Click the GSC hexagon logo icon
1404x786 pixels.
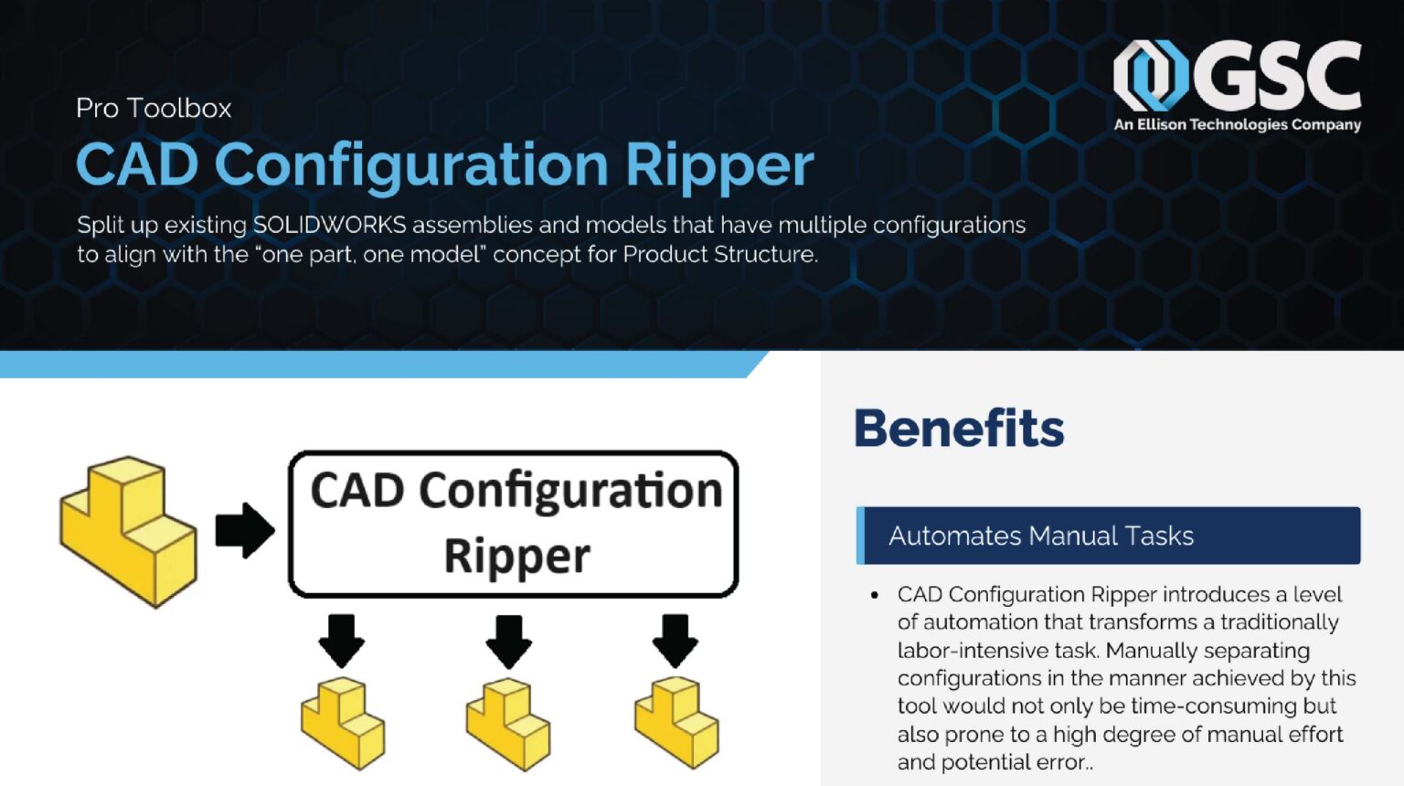(1150, 75)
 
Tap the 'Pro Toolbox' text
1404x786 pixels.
(154, 108)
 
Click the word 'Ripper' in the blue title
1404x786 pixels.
(719, 165)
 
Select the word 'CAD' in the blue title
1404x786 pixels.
(137, 165)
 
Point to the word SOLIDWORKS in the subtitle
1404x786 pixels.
(329, 225)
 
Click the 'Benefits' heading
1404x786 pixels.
(959, 428)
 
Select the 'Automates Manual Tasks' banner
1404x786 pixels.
(1108, 536)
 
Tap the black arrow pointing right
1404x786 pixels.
(244, 530)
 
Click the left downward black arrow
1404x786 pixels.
(342, 640)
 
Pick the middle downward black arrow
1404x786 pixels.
(509, 640)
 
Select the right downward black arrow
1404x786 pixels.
(675, 640)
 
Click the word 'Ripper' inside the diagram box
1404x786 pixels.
(516, 556)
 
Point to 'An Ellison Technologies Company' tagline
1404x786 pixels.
(1237, 124)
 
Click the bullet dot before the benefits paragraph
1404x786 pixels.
(875, 595)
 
